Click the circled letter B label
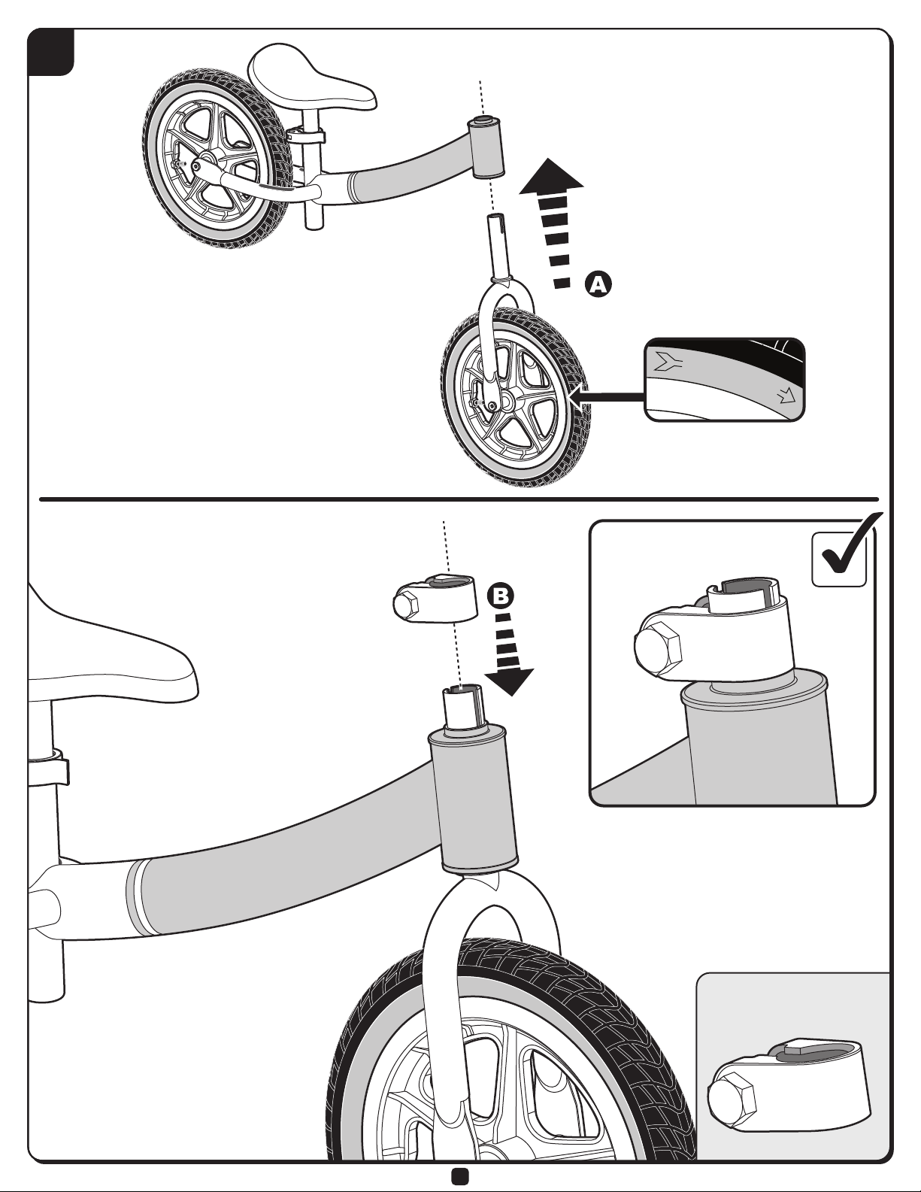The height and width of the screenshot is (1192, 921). (x=501, y=595)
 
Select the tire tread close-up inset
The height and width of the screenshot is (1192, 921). (x=725, y=379)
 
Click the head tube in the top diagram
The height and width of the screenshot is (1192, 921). (x=486, y=147)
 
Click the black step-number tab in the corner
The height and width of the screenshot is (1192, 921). (x=50, y=51)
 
